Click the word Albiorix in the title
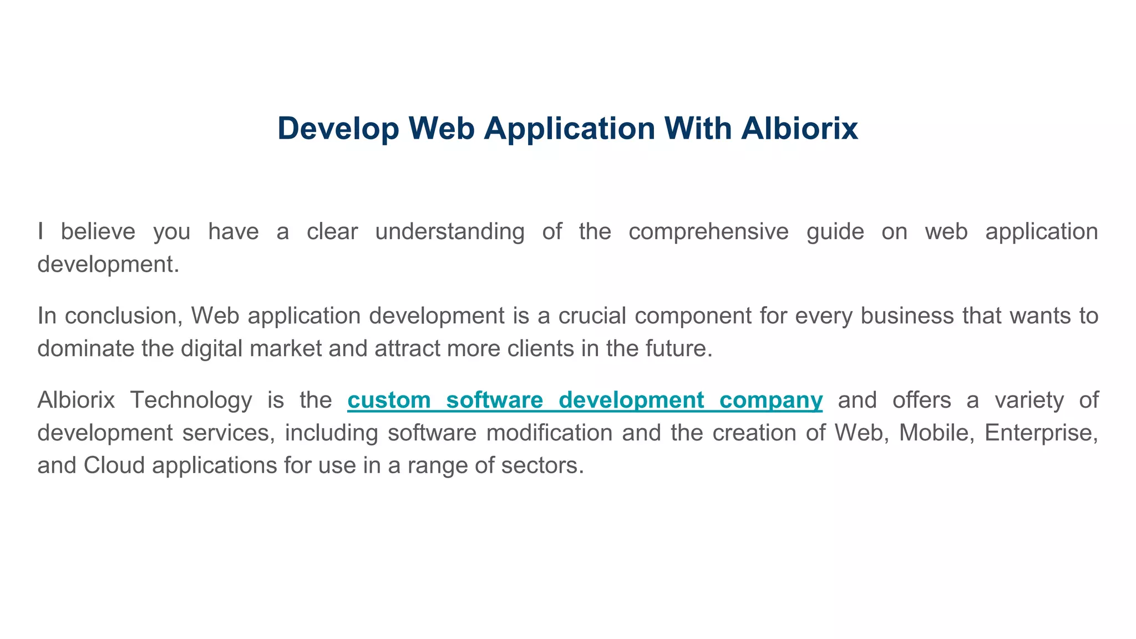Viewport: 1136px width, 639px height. (x=799, y=128)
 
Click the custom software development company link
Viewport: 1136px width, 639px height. (x=585, y=400)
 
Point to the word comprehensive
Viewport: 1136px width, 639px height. (x=708, y=231)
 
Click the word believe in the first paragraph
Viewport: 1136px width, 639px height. (x=98, y=231)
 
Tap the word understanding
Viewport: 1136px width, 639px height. (x=449, y=231)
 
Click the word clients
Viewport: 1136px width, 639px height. (x=541, y=348)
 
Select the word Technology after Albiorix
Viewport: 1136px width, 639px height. (x=191, y=400)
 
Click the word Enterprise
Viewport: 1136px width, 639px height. (x=1041, y=433)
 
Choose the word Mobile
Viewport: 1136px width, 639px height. (x=936, y=433)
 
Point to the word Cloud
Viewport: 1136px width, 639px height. (x=114, y=465)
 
